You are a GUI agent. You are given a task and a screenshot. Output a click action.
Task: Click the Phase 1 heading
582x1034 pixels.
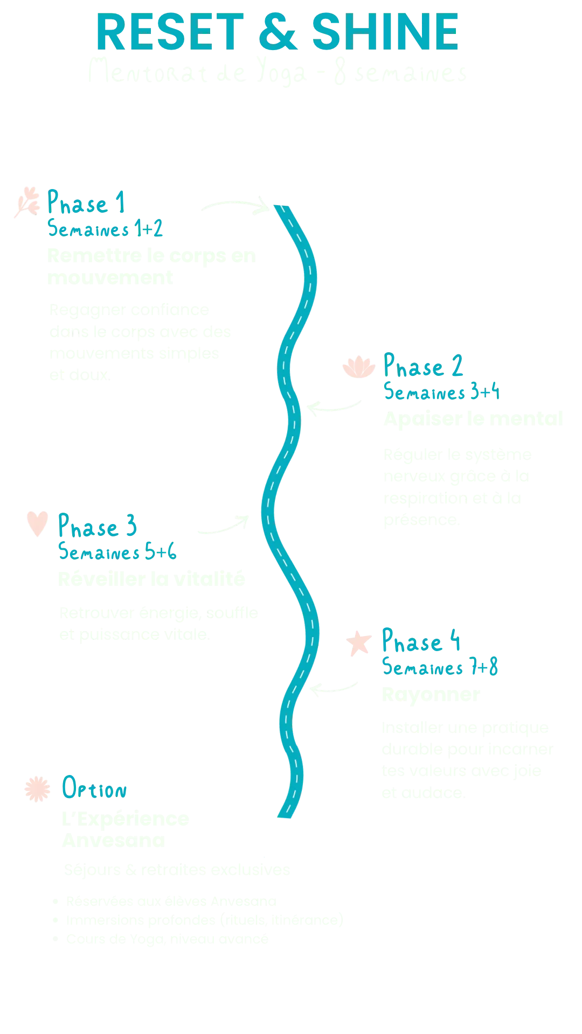(x=87, y=203)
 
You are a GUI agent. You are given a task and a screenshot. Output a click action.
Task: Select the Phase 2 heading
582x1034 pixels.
(x=424, y=367)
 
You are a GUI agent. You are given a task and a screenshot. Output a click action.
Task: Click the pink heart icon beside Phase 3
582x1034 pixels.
(x=37, y=522)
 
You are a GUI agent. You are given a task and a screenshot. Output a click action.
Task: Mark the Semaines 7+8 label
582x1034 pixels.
(x=441, y=668)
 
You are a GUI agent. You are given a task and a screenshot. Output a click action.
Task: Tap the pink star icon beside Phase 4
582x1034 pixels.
(x=358, y=644)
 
